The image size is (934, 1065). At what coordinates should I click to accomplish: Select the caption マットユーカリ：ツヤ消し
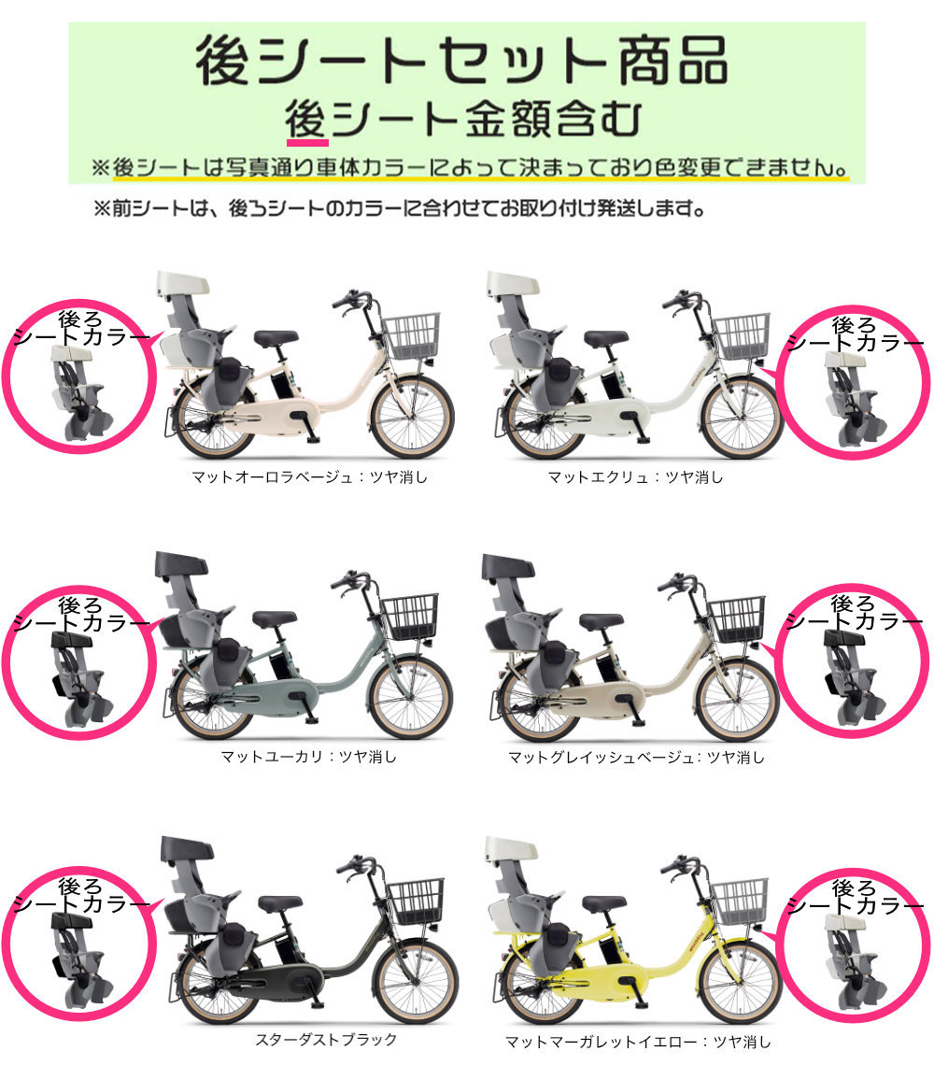(x=308, y=757)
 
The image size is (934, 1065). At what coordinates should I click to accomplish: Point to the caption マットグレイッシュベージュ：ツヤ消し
(x=636, y=757)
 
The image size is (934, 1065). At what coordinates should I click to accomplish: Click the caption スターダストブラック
(x=326, y=1039)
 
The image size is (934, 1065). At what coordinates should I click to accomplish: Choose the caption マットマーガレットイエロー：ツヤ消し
(x=639, y=1041)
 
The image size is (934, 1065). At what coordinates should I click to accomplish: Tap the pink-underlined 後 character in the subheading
(x=307, y=121)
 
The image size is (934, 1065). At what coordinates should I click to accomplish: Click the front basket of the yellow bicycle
(x=739, y=900)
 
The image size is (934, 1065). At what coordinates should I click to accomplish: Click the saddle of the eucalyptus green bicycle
(x=274, y=618)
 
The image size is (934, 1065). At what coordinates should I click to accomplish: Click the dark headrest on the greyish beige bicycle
(x=508, y=566)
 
